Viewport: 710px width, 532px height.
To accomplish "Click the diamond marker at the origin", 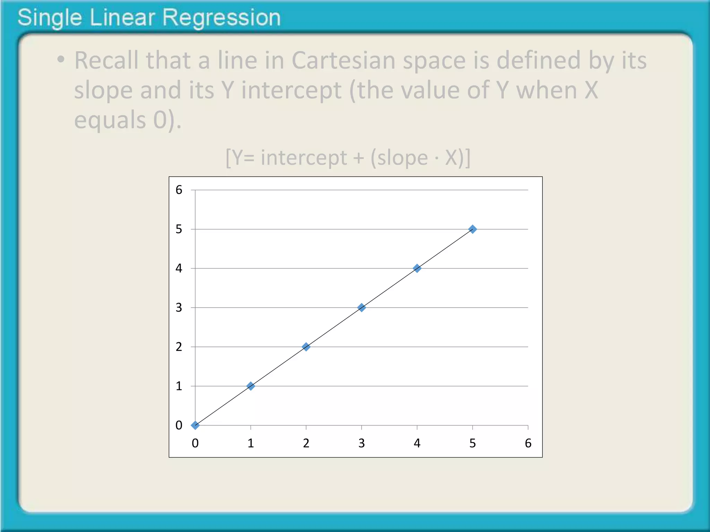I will [x=195, y=425].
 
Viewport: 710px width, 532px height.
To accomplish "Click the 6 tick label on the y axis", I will [x=179, y=190].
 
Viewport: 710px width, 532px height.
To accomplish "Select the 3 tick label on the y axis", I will [x=179, y=308].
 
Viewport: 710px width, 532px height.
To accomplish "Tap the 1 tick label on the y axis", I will [x=179, y=386].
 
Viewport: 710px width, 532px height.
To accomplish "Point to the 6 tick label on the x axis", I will [x=528, y=443].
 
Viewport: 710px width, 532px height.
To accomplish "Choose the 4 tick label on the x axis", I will [x=417, y=443].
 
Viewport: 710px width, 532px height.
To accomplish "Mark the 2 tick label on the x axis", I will [x=306, y=443].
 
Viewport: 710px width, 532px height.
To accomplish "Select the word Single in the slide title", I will [x=50, y=18].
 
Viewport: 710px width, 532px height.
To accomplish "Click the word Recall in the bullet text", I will [x=106, y=61].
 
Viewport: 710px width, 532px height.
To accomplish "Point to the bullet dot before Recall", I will [x=61, y=59].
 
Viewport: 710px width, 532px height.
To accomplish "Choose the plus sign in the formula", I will [x=358, y=159].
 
